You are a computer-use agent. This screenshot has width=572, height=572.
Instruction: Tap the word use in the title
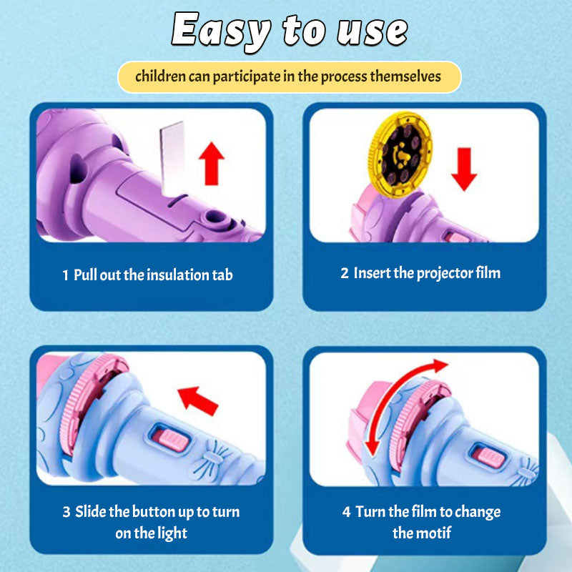pos(372,31)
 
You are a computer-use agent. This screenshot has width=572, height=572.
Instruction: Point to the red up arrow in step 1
pos(212,164)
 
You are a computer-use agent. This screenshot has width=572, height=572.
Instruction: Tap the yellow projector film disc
pos(400,154)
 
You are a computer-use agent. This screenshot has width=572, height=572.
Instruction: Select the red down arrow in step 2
pos(464,169)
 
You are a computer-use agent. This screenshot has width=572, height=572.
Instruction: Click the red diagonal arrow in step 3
pos(198,400)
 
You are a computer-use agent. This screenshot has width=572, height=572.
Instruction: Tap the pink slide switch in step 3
pos(172,440)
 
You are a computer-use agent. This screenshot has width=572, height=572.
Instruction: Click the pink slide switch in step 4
pos(488,458)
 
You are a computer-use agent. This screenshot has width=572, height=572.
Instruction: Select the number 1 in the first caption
pos(65,275)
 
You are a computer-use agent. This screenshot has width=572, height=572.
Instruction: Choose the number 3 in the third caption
pos(66,512)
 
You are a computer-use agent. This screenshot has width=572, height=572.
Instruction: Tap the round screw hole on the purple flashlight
pos(215,217)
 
